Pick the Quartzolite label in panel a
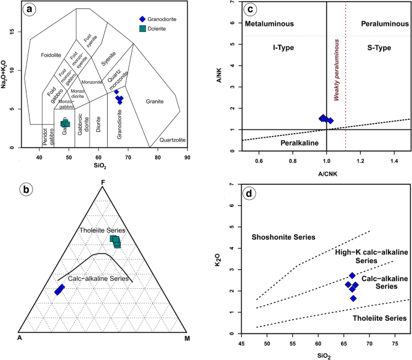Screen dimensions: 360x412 pyautogui.click(x=173, y=140)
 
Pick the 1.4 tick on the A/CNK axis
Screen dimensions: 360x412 pyautogui.click(x=395, y=162)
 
